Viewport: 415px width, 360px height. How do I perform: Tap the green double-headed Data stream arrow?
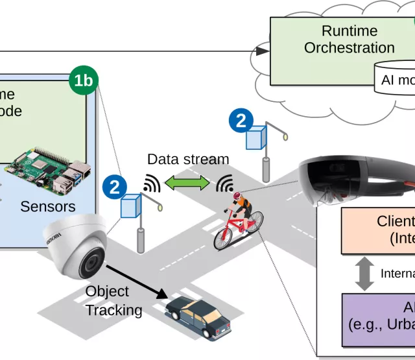pyautogui.click(x=188, y=184)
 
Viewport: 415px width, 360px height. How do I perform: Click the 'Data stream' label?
pyautogui.click(x=188, y=160)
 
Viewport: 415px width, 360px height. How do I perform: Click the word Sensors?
pyautogui.click(x=48, y=207)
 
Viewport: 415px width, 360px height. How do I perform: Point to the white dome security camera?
pyautogui.click(x=77, y=246)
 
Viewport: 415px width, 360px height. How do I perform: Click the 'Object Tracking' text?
pyautogui.click(x=114, y=301)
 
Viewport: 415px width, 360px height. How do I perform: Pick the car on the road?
pyautogui.click(x=198, y=317)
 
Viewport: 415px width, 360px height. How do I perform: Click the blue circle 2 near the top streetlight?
pyautogui.click(x=241, y=121)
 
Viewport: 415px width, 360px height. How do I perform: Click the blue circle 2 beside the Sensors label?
pyautogui.click(x=114, y=188)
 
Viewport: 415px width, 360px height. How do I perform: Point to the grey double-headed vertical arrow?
pyautogui.click(x=365, y=274)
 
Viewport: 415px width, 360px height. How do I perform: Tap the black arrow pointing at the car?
pyautogui.click(x=136, y=278)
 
